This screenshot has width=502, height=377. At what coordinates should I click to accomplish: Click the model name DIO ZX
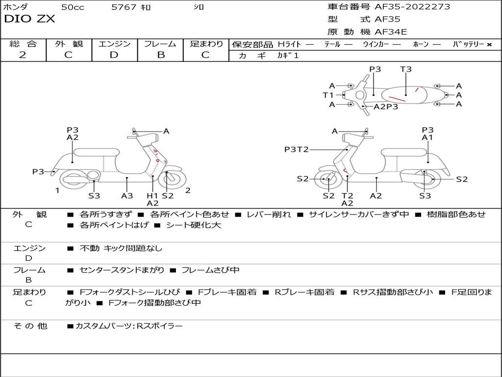tap(29, 19)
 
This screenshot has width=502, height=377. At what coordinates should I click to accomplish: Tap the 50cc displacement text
tap(72, 7)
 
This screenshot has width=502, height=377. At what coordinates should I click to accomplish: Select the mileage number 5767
tap(124, 7)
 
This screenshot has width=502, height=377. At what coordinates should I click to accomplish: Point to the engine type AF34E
tap(391, 32)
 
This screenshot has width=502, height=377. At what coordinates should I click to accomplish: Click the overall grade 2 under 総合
tap(23, 55)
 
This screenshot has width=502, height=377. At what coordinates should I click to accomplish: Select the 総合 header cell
tap(23, 44)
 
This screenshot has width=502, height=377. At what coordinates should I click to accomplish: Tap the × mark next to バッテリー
tap(489, 44)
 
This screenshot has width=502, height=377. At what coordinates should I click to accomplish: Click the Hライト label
tap(289, 44)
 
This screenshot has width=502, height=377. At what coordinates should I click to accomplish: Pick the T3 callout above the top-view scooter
tap(405, 69)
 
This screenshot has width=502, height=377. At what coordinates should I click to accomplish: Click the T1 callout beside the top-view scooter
tap(328, 95)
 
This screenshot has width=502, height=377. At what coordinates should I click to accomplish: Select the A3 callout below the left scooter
tap(127, 196)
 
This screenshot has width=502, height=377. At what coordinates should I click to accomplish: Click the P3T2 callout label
tap(296, 149)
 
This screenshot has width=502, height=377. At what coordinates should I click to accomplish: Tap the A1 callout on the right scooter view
tap(427, 137)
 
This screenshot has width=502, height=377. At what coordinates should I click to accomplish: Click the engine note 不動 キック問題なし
tap(121, 248)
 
